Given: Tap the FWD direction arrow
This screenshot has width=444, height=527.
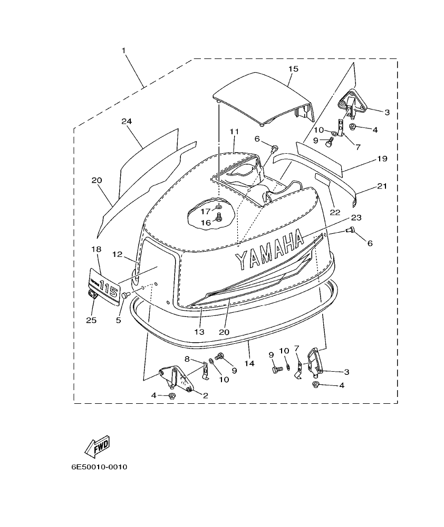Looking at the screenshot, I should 97,446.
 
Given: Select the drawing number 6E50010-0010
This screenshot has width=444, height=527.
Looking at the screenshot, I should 100,467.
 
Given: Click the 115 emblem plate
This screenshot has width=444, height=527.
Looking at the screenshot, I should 104,286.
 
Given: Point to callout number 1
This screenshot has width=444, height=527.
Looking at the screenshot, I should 123,51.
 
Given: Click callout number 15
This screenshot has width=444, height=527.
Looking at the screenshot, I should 293,69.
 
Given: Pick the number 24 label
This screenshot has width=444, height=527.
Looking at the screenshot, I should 126,121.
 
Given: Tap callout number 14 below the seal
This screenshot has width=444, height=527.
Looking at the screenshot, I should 249,363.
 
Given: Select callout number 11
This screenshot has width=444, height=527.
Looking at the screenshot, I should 234,131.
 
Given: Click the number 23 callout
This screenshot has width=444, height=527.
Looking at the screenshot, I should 356,217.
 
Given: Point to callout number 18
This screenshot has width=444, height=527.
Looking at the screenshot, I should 96,249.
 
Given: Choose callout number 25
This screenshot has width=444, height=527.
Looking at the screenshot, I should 91,320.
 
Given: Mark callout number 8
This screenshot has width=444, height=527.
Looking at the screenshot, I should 187,359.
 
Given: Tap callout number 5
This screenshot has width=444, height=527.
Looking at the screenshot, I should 119,320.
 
